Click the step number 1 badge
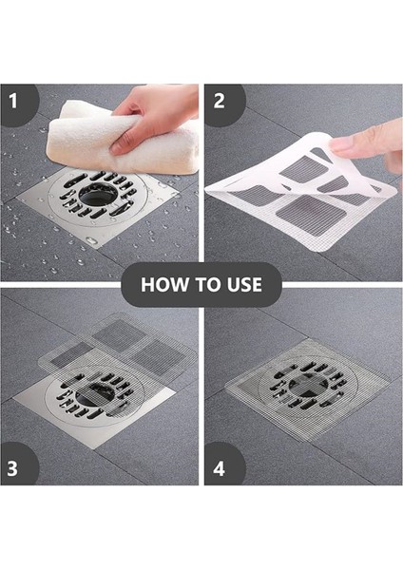click(14, 102)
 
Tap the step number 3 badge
click(13, 468)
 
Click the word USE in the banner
click(244, 284)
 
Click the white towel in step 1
click(120, 140)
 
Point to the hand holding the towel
click(153, 113)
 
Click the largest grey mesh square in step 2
click(312, 213)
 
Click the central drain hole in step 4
click(308, 386)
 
